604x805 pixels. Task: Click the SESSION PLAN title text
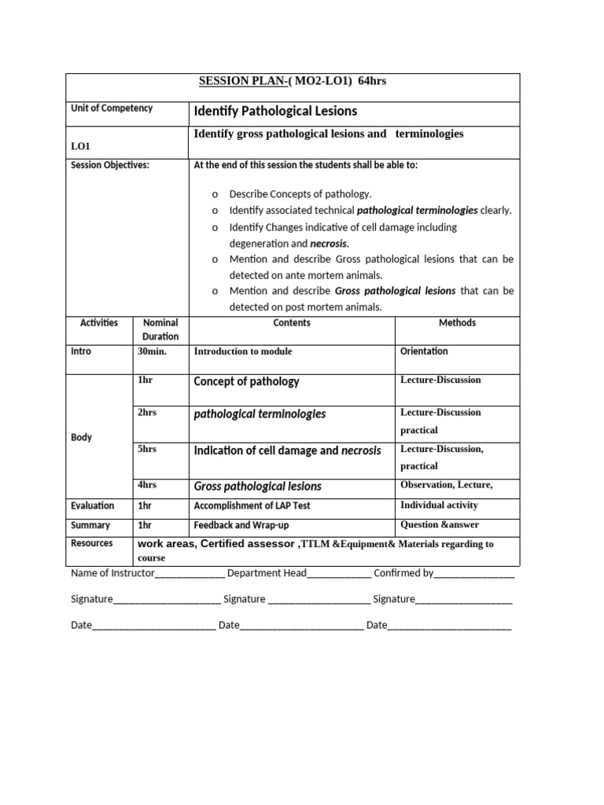[292, 81]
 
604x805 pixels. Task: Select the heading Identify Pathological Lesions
[274, 112]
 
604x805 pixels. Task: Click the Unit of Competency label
[112, 108]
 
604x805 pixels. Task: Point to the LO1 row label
[81, 145]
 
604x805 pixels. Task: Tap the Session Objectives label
[110, 165]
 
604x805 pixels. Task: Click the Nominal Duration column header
[160, 329]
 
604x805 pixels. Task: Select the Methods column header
[457, 323]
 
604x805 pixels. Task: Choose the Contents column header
[292, 323]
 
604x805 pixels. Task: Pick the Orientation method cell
[424, 351]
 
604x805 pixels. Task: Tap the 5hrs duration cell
[147, 449]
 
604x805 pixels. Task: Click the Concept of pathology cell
[246, 381]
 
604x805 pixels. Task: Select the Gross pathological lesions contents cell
[257, 487]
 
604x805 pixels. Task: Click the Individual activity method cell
[439, 505]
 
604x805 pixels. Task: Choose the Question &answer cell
[439, 525]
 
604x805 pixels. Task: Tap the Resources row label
[92, 543]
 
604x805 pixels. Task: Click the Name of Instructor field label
[112, 573]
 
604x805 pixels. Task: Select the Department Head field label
[266, 573]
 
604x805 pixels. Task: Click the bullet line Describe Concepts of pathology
[300, 194]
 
